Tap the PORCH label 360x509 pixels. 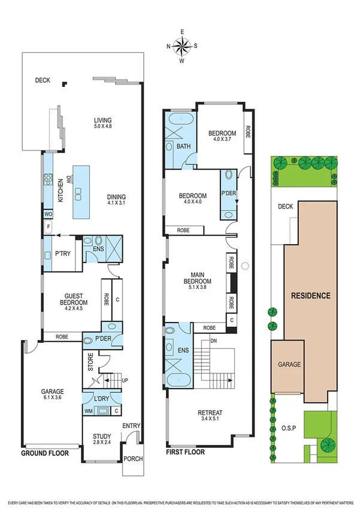(133, 460)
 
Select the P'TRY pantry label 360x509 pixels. (63, 254)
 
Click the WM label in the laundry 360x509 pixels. (87, 412)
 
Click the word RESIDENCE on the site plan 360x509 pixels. (310, 296)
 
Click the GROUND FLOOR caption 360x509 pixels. (45, 454)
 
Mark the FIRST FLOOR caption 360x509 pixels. (186, 454)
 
